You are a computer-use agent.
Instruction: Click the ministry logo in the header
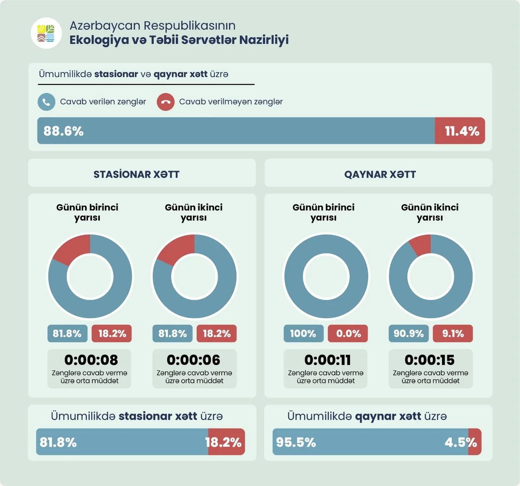coord(46,33)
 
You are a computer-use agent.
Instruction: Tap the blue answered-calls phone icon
coord(46,102)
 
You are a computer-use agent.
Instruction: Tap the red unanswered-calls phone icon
coord(166,102)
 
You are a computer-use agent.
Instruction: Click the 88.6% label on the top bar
coord(63,131)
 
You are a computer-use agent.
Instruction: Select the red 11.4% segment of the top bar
coord(460,131)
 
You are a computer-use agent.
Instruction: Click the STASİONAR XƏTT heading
coord(136,174)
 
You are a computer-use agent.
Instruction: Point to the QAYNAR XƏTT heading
coord(380,174)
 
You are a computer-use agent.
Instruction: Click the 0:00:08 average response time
coord(91,360)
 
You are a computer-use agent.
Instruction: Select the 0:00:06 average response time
coord(194,360)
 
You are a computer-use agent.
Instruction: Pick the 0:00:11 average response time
coord(328,360)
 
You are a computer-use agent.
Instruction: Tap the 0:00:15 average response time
coord(430,360)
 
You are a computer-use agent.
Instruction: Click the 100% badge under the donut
coord(303,333)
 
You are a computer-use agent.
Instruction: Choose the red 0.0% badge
coord(348,333)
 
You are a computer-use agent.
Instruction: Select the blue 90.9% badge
coord(408,333)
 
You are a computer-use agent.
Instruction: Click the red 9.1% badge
coord(453,333)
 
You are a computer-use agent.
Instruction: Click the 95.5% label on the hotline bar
coord(296,442)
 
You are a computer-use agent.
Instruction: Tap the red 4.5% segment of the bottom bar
coord(475,442)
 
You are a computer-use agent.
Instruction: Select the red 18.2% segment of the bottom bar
coord(226,442)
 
